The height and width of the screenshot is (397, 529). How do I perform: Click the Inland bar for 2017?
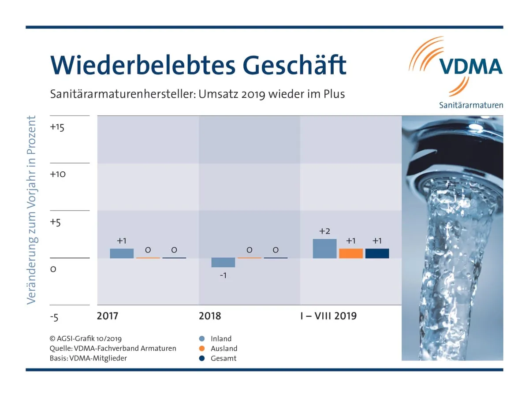(122, 253)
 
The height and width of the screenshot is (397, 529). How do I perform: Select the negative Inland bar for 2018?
(223, 263)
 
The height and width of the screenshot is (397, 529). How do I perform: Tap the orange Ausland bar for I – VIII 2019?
(351, 253)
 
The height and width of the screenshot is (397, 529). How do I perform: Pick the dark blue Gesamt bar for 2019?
(377, 253)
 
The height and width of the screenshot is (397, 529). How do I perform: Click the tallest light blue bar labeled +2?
(324, 249)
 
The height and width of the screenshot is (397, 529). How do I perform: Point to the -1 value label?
(223, 275)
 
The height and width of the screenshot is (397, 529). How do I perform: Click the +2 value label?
(324, 231)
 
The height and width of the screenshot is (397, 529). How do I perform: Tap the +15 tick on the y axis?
(57, 127)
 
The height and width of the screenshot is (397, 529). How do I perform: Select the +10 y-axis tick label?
(58, 174)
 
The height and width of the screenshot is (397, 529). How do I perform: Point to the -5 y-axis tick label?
(54, 317)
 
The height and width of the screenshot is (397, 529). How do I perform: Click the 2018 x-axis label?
(210, 316)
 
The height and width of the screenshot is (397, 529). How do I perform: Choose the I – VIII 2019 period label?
(328, 316)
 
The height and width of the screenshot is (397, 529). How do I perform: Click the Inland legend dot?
(202, 339)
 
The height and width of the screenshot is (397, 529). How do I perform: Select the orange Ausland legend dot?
(202, 349)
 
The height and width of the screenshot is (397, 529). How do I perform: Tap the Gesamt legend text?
(224, 358)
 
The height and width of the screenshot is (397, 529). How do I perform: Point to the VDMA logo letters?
(470, 67)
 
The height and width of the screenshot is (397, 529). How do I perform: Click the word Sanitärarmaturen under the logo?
(471, 105)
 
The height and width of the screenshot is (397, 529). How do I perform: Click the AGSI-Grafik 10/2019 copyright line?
(86, 339)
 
